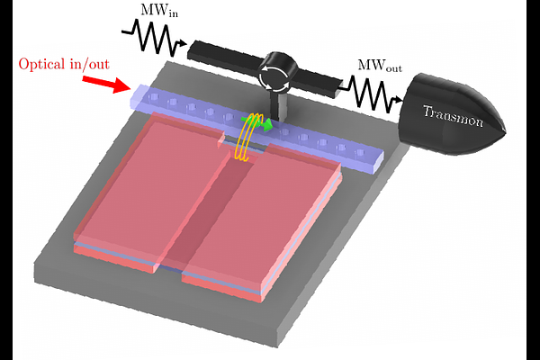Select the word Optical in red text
click(x=43, y=65)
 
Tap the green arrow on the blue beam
click(x=262, y=126)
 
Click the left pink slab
click(x=148, y=189)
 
